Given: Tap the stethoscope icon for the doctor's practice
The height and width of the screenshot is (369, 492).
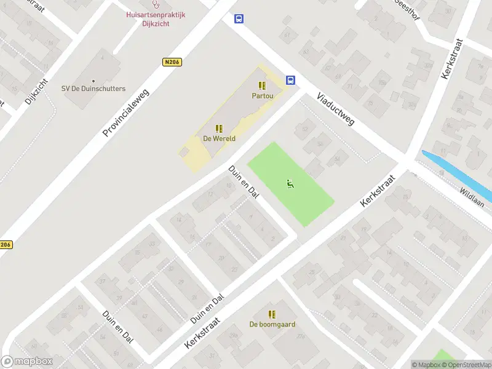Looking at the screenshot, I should [156, 4].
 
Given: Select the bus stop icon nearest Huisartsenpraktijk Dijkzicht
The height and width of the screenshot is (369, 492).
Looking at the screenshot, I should [238, 19].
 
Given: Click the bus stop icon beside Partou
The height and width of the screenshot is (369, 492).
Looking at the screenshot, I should [290, 80].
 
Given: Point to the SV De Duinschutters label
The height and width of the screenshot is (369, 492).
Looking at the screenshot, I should [93, 89].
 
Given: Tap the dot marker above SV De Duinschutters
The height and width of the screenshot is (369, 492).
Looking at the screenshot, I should [93, 81].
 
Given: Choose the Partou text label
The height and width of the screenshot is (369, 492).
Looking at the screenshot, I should [262, 96].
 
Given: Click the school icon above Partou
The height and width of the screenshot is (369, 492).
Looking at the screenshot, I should [262, 86].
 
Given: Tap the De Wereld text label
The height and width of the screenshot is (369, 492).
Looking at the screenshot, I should [219, 138].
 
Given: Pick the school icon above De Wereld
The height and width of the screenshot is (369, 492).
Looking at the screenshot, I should [219, 129].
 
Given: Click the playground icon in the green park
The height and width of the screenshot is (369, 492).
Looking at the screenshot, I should [290, 183].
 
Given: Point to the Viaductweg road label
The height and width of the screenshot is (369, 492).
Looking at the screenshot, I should [336, 109].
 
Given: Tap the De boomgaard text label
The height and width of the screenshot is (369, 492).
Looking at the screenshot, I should [272, 324].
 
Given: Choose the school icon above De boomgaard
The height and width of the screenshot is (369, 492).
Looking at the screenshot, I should [272, 314].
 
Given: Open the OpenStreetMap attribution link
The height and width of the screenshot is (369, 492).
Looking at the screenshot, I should [466, 365].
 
